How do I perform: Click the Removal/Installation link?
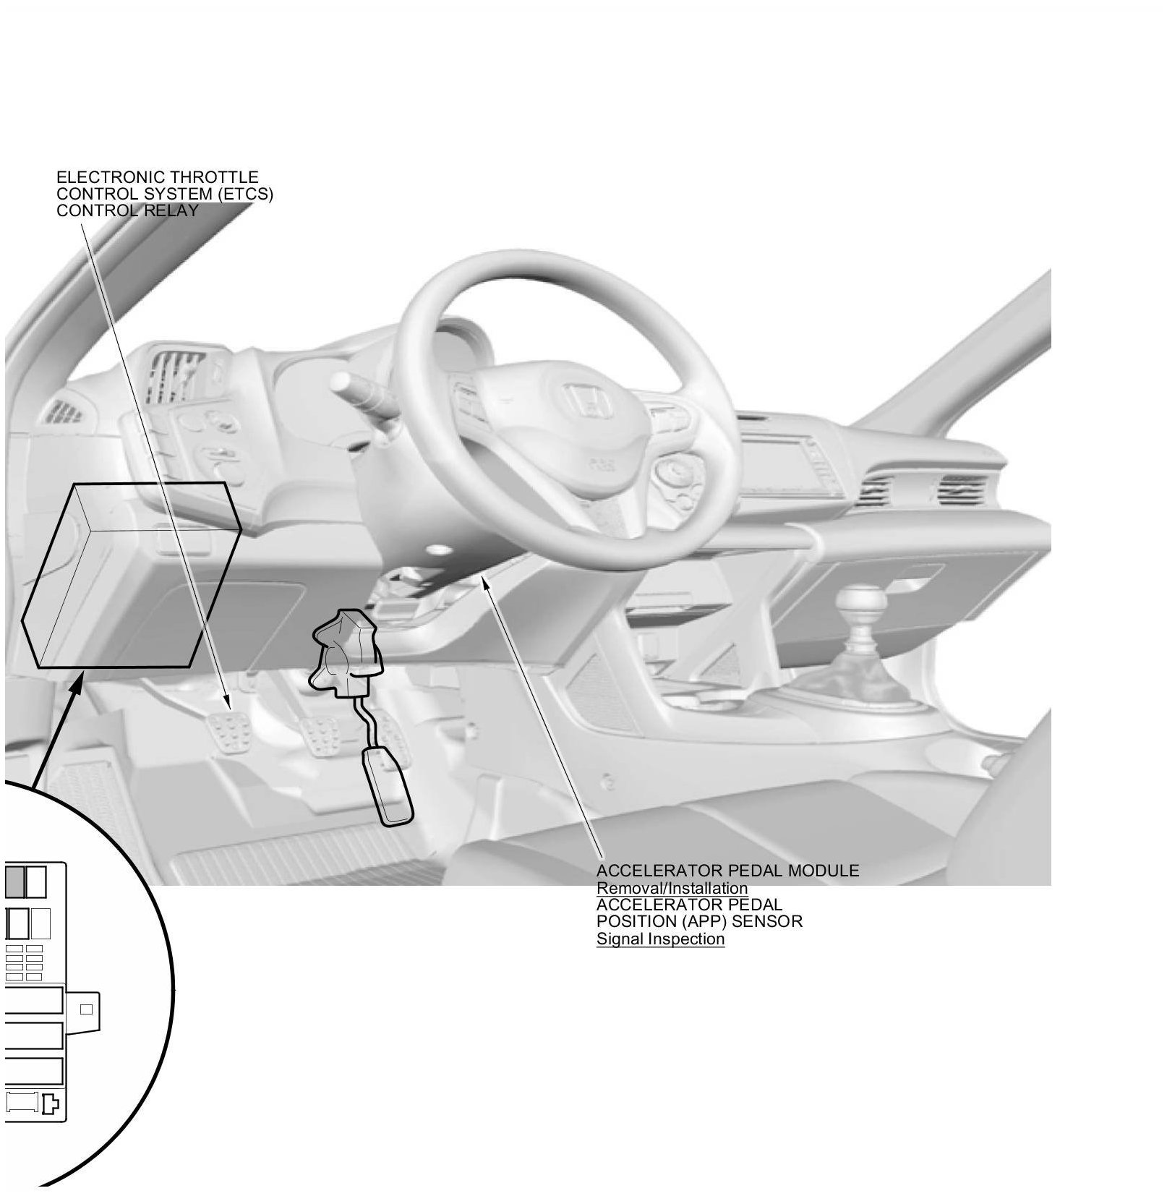[x=672, y=888]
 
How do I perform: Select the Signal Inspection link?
[x=660, y=939]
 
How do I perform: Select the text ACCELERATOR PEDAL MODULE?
[x=727, y=871]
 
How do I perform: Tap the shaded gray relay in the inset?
[x=15, y=881]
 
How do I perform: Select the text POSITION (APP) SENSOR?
[x=699, y=921]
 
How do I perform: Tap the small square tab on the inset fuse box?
[x=85, y=1009]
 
